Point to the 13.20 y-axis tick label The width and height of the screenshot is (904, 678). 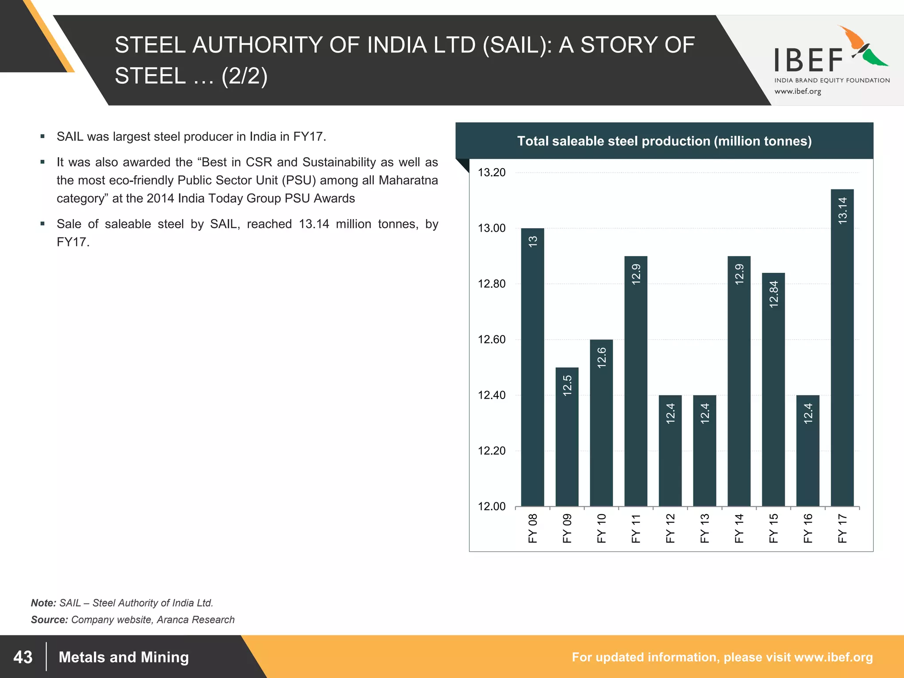[492, 173]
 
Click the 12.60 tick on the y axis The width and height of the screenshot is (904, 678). [492, 339]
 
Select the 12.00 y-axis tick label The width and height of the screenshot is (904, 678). [492, 506]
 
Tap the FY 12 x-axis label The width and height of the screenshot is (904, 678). [670, 528]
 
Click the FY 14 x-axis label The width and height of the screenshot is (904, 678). [739, 528]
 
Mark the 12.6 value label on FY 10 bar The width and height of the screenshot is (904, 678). [602, 358]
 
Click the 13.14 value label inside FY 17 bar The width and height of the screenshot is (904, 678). [842, 211]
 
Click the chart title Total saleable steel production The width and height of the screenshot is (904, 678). [664, 141]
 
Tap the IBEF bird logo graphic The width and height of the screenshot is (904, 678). [863, 47]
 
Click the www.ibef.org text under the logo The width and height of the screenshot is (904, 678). [798, 91]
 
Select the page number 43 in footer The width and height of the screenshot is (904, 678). [23, 657]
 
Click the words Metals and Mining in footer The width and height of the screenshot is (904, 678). [124, 657]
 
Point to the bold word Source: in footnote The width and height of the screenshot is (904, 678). [49, 620]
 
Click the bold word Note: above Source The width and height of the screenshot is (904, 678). [43, 603]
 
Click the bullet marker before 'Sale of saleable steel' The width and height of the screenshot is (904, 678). [42, 224]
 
